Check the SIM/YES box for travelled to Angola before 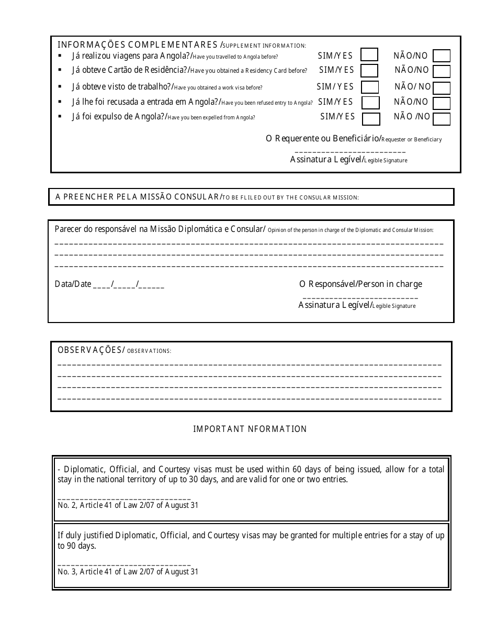pos(369,55)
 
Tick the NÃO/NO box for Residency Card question pos(442,71)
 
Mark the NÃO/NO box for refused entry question pos(442,103)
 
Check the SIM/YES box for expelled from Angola pos(371,119)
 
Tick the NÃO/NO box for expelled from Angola pos(442,119)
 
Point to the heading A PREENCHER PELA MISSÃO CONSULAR pos(137,197)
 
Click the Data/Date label pos(73,284)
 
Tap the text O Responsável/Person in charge pos(360,284)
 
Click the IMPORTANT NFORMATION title pos(250,429)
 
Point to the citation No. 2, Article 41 pos(128,506)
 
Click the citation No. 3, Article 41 pos(128,572)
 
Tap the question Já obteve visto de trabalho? pos(121,87)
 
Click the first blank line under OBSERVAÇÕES pos(249,364)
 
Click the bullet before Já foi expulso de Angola pos(60,117)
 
